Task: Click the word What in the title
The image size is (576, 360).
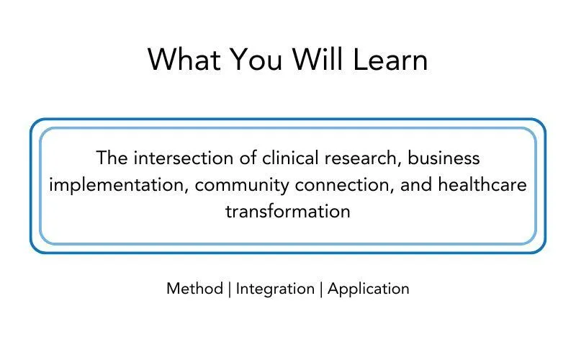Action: [184, 59]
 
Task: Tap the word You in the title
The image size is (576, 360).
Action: [256, 59]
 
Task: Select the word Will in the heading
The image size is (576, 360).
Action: [318, 59]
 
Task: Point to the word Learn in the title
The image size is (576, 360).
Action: [390, 59]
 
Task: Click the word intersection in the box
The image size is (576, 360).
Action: [184, 158]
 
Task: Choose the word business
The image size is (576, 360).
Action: [444, 158]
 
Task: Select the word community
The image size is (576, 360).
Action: [242, 186]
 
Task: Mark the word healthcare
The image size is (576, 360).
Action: [482, 184]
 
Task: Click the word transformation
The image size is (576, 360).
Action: [288, 212]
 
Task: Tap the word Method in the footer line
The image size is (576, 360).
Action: [194, 289]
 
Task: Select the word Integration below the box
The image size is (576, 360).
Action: [275, 289]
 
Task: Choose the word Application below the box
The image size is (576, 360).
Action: [369, 289]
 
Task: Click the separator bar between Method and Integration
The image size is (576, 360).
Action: [230, 289]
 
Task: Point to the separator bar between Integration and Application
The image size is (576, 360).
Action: [321, 289]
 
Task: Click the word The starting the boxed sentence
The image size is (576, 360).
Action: [112, 158]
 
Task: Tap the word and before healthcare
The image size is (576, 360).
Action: [416, 184]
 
